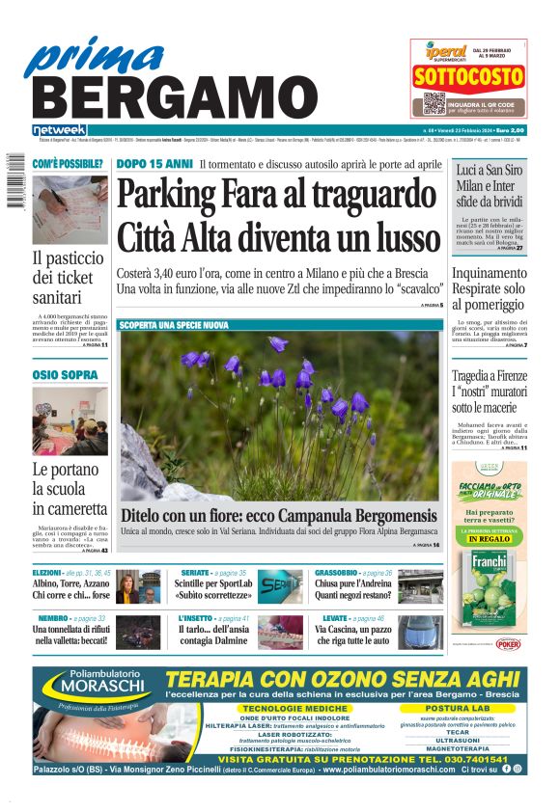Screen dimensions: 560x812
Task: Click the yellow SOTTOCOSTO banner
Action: pyautogui.click(x=468, y=78)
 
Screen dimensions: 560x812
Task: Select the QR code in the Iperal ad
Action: pyautogui.click(x=434, y=104)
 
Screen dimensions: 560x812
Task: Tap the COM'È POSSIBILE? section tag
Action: pyautogui.click(x=68, y=165)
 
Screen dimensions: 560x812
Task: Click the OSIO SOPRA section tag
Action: pyautogui.click(x=65, y=374)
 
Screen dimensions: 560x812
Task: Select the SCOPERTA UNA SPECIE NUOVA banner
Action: pyautogui.click(x=174, y=326)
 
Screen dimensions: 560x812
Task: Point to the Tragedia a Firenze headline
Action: pyautogui.click(x=490, y=376)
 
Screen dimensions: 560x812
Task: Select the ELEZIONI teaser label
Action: pyautogui.click(x=46, y=573)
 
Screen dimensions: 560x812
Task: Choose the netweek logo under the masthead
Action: pyautogui.click(x=59, y=130)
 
